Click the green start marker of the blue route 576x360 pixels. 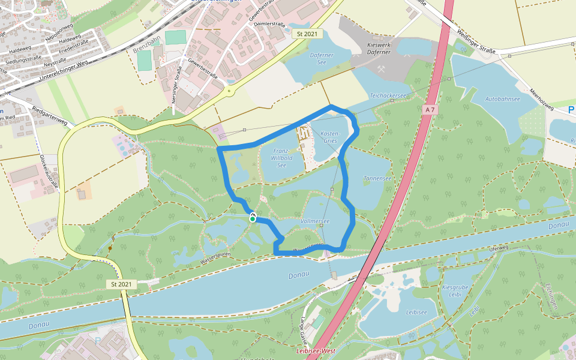point(253,219)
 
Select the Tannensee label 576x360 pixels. point(377,178)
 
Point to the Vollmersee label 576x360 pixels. point(315,221)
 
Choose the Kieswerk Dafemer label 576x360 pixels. point(378,49)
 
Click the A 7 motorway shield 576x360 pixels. point(428,110)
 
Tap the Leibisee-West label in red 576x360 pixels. point(314,350)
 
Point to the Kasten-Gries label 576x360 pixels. point(331,137)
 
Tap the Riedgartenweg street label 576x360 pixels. point(50,115)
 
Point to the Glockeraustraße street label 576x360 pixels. point(49,172)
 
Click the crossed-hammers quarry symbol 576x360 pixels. point(382,69)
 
